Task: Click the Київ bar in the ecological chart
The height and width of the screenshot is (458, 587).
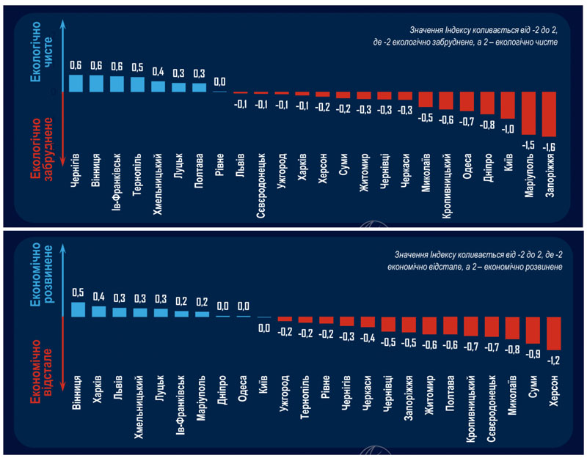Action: pyautogui.click(x=508, y=105)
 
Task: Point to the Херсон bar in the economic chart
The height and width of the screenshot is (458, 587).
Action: pyautogui.click(x=554, y=333)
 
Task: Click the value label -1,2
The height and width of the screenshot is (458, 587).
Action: pyautogui.click(x=554, y=359)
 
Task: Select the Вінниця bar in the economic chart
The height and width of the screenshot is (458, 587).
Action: pyautogui.click(x=79, y=309)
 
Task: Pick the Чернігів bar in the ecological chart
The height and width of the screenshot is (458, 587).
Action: pyautogui.click(x=76, y=83)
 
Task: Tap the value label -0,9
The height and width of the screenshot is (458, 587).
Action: pyautogui.click(x=533, y=353)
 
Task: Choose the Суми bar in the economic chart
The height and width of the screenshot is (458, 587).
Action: pyautogui.click(x=533, y=330)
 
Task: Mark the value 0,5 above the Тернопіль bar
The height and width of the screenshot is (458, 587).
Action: pyautogui.click(x=137, y=67)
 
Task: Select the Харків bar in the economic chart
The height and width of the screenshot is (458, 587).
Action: pyautogui.click(x=99, y=311)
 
